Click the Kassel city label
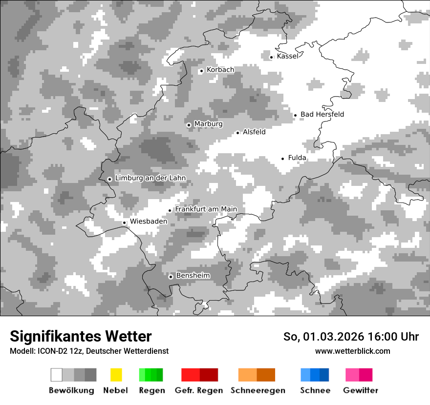tap(287, 56)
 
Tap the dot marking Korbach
tap(201, 71)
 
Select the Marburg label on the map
tap(208, 124)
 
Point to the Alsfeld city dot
tap(238, 133)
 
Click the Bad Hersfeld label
tap(322, 115)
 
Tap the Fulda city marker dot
tap(283, 159)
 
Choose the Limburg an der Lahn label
tap(150, 178)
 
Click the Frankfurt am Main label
tap(206, 209)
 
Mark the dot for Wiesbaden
tap(125, 223)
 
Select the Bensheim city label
tap(193, 276)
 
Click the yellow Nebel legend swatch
tap(116, 375)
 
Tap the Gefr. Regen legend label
tap(199, 390)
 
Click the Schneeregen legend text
tap(258, 390)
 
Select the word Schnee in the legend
tap(315, 390)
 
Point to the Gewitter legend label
tap(361, 390)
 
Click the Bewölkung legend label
tap(71, 390)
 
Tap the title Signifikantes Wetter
tap(81, 337)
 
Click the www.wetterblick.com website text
tap(352, 351)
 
